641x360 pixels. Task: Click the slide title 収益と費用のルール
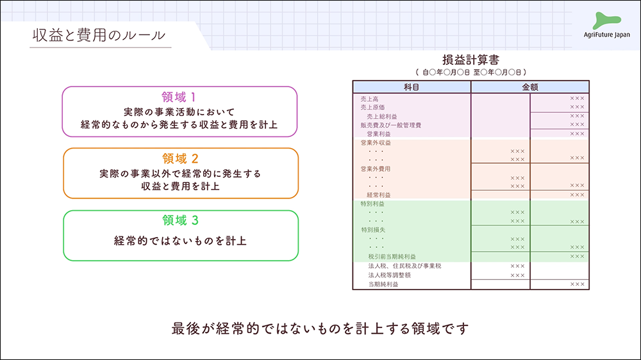[x=99, y=35]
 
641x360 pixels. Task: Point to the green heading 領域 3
[x=180, y=220]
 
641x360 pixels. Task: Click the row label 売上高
[x=369, y=99]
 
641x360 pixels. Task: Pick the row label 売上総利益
[x=382, y=117]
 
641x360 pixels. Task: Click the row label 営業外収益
[x=376, y=143]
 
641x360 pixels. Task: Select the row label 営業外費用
[x=376, y=168]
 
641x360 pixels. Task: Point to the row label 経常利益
[x=379, y=194]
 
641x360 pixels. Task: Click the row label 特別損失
[x=373, y=229]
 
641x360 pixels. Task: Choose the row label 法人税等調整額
[x=389, y=275]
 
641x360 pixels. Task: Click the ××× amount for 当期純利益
[x=577, y=284]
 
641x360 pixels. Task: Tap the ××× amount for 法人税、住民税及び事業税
[x=517, y=266]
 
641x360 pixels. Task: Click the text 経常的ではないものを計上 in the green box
[x=180, y=241]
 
